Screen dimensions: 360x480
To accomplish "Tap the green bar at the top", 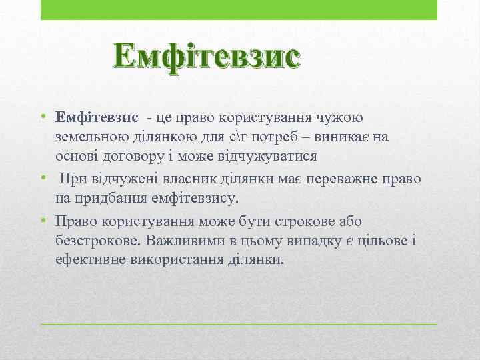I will (x=239, y=9).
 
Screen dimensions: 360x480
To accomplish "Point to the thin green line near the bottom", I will (x=239, y=324).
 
